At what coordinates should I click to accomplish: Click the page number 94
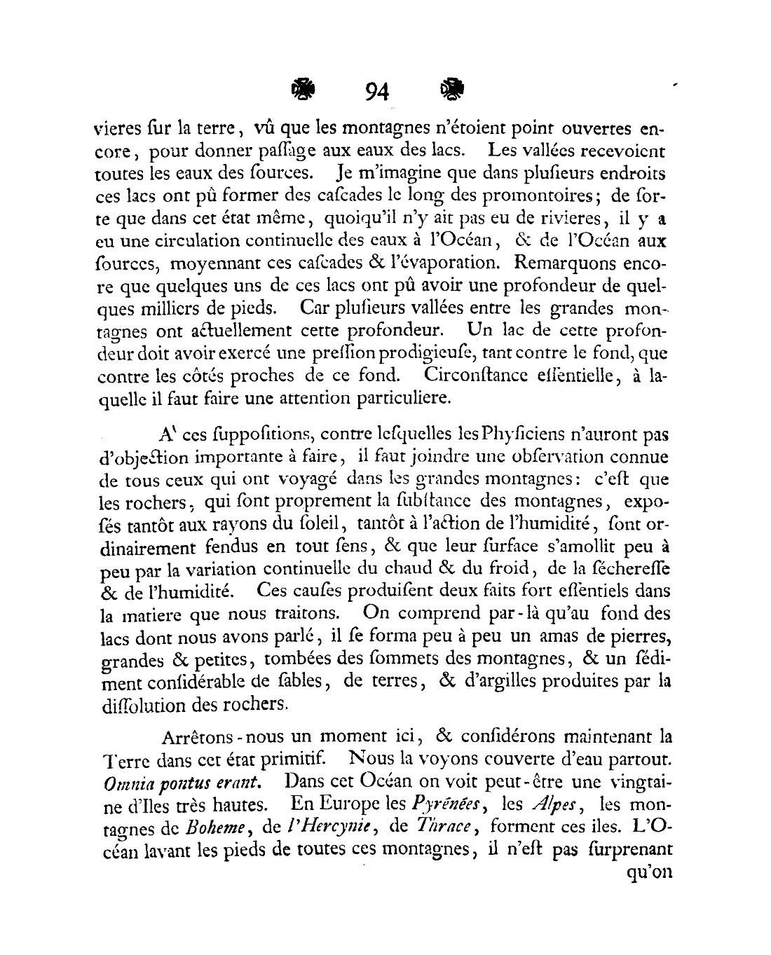(376, 92)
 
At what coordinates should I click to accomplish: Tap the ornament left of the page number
(303, 89)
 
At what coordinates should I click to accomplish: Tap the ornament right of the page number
(451, 89)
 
